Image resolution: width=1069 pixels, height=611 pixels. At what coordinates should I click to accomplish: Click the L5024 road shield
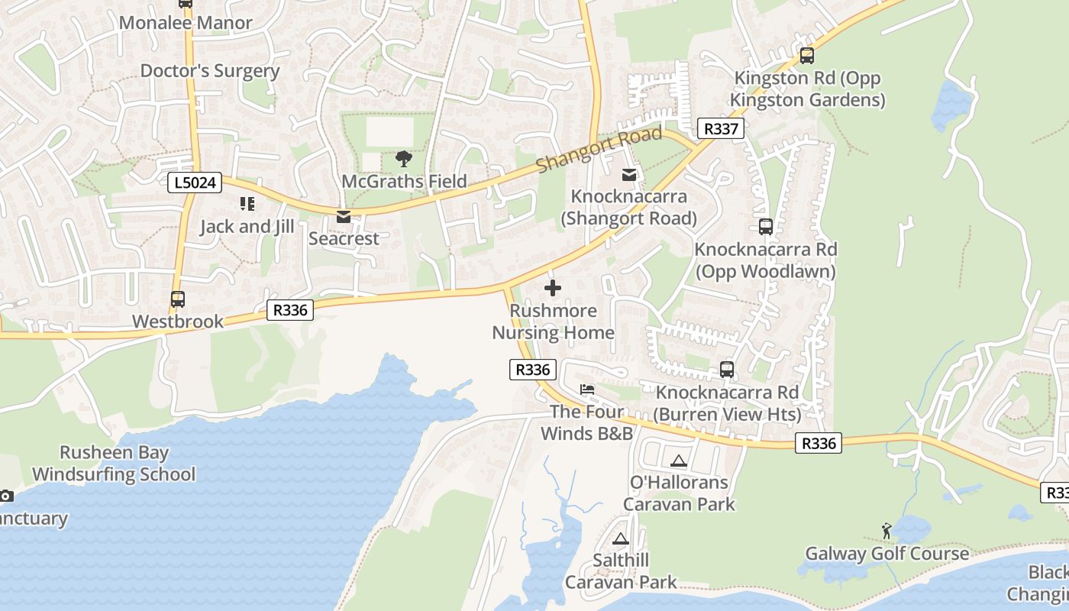pos(195,183)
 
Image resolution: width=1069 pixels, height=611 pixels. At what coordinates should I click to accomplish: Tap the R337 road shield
pos(721,128)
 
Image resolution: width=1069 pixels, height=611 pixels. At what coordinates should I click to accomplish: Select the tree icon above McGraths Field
pos(403,159)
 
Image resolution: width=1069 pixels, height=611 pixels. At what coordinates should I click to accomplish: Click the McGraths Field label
pos(403,181)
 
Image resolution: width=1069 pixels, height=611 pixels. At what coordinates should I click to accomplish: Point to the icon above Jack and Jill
pos(247,204)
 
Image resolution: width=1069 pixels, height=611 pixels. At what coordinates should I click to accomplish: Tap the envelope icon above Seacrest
pos(344,218)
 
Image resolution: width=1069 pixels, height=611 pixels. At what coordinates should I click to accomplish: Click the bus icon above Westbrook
pos(178,299)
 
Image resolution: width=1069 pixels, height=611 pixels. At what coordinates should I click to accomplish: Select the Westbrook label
pos(178,322)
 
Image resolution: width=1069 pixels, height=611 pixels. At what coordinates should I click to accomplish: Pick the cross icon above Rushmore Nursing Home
pos(553,288)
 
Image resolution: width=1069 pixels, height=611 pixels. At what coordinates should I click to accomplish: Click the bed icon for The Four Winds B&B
pos(586,390)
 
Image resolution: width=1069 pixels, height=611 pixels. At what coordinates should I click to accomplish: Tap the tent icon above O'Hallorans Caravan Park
pos(678,461)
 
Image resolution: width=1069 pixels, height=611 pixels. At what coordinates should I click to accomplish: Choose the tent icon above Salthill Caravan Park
pos(620,538)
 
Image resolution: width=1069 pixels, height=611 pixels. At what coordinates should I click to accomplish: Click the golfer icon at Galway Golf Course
pos(886,531)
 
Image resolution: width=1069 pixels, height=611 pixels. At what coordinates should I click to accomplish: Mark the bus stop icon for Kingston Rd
pos(807,56)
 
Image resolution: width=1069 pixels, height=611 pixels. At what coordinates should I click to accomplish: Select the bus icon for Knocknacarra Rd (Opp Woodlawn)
pos(765,227)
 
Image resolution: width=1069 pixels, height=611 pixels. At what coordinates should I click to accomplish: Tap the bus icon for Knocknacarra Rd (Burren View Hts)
pos(727,370)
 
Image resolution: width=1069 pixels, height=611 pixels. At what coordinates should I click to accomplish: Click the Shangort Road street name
pos(599,150)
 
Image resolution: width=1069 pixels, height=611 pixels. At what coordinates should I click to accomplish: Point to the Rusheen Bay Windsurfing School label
pos(114,464)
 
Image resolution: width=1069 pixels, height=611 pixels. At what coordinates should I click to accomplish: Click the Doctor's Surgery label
pos(210,71)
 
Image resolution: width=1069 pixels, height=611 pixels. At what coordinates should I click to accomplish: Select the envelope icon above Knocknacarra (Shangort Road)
pos(629,175)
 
